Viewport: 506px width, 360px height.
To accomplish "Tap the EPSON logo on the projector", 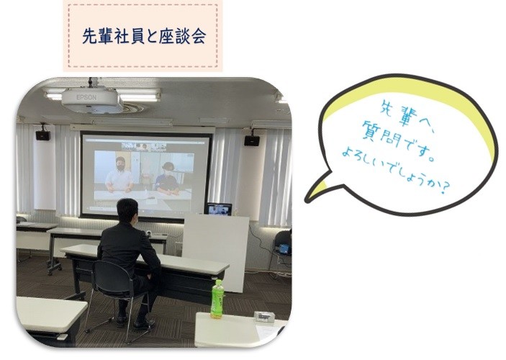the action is coord(86,97).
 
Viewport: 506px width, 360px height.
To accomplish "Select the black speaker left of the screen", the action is coord(43,135).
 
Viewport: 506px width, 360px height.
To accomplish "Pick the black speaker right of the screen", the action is coord(252,140).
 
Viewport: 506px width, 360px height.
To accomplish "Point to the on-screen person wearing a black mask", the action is coord(119,175).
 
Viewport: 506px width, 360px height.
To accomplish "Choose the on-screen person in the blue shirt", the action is coord(168,179).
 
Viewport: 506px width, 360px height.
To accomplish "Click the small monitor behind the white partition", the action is coord(220,210).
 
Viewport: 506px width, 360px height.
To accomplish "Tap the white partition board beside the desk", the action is coord(215,252).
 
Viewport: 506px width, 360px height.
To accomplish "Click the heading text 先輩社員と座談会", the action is coord(144,36).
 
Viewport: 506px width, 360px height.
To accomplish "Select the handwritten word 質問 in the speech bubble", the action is coord(380,134).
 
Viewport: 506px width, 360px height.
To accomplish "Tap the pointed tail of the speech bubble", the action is coord(307,200).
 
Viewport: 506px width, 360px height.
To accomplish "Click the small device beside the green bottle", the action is coord(263,316).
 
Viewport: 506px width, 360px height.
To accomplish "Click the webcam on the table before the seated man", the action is coord(149,233).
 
